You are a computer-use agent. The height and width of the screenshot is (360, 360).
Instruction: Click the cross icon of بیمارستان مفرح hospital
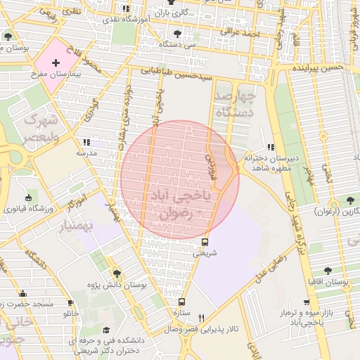pyautogui.click(x=56, y=63)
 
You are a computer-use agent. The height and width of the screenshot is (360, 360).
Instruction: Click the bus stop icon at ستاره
pyautogui.click(x=182, y=302)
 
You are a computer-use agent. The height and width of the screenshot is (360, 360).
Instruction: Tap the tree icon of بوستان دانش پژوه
pyautogui.click(x=117, y=274)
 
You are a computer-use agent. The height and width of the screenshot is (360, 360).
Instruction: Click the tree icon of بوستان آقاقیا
pyautogui.click(x=328, y=270)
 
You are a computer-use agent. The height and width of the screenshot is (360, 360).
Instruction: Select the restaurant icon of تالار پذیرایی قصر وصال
pyautogui.click(x=202, y=318)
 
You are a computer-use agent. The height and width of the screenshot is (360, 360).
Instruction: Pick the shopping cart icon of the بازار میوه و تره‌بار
pyautogui.click(x=307, y=302)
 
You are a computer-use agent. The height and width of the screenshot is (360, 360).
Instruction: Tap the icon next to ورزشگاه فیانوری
pyautogui.click(x=27, y=198)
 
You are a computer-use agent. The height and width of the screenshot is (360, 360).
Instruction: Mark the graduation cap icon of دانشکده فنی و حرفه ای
pyautogui.click(x=106, y=330)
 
